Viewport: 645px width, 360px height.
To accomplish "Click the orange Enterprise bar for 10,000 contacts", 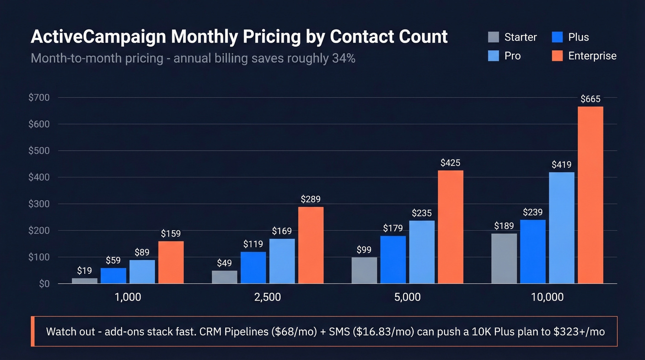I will [x=590, y=195].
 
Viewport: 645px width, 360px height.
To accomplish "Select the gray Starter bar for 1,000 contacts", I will [x=85, y=281].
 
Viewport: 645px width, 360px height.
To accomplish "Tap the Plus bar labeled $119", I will [x=253, y=267].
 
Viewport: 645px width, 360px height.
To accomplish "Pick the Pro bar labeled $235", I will [x=422, y=252].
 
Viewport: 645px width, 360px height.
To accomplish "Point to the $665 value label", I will [x=590, y=99].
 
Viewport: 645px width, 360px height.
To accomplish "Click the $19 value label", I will [x=85, y=270].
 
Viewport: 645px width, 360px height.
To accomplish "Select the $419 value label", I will [x=561, y=165].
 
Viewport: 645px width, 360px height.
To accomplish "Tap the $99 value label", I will [x=364, y=249].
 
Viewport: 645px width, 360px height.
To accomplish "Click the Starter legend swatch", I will [x=493, y=37].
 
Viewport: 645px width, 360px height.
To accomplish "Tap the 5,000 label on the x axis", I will [x=407, y=297].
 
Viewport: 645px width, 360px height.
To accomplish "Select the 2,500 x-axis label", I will [x=267, y=297].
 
